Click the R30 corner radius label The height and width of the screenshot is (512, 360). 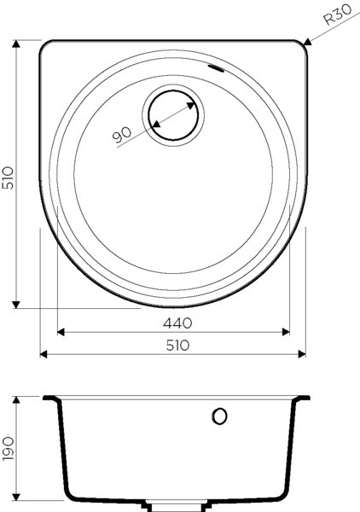(x=338, y=15)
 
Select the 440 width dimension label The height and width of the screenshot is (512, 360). (x=177, y=323)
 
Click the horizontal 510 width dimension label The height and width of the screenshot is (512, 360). (x=177, y=345)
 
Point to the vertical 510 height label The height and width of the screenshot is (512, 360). (x=8, y=177)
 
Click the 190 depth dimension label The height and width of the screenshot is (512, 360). (x=8, y=449)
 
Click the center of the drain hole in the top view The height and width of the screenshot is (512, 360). (x=173, y=115)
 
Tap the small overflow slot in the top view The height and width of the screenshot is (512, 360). (x=216, y=68)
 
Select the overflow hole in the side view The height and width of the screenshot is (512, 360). (x=219, y=416)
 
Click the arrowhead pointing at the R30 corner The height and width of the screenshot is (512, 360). (x=307, y=42)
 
